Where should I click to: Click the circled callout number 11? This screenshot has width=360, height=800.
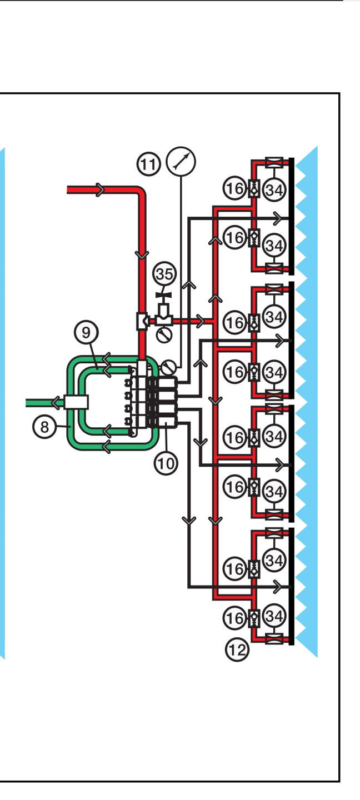click(x=148, y=164)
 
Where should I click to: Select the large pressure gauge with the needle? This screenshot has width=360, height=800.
click(x=181, y=162)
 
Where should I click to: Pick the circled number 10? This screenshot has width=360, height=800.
click(x=166, y=462)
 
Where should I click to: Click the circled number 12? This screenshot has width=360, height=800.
click(x=237, y=649)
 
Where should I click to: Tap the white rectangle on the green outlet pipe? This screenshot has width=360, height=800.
click(x=76, y=401)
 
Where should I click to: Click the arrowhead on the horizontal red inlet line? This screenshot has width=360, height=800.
click(x=100, y=189)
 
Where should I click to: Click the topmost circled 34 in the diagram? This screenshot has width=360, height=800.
click(x=274, y=189)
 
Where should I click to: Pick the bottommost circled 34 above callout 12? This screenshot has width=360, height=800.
click(x=274, y=616)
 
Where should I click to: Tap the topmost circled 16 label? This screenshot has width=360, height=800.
click(x=234, y=189)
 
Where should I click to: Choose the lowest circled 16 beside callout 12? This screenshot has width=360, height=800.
click(x=234, y=617)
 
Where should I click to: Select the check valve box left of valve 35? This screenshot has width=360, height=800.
click(x=142, y=321)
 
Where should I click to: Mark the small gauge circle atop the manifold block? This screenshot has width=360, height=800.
click(x=168, y=367)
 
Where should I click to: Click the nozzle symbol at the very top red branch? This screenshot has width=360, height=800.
click(x=274, y=162)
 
